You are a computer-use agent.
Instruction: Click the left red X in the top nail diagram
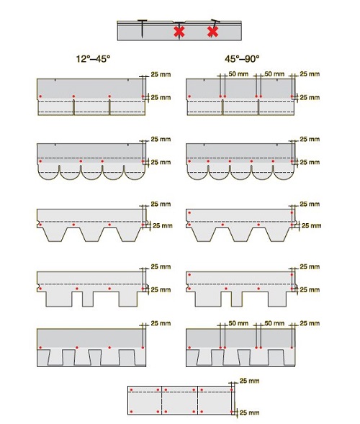pyautogui.click(x=179, y=32)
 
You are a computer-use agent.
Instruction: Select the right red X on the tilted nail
pyautogui.click(x=212, y=32)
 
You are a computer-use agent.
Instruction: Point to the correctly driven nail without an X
pyautogui.click(x=145, y=28)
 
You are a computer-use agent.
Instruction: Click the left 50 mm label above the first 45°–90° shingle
pyautogui.click(x=238, y=74)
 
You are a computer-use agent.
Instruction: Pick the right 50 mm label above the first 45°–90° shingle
pyautogui.click(x=274, y=74)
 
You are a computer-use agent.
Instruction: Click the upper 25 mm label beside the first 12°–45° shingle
pyautogui.click(x=161, y=74)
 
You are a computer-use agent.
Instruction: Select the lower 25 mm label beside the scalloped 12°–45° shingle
pyautogui.click(x=161, y=162)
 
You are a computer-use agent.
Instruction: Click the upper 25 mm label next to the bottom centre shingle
pyautogui.click(x=249, y=379)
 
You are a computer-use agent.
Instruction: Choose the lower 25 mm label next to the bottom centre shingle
pyautogui.click(x=249, y=413)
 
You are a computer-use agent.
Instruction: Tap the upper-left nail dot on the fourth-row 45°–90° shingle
pyautogui.click(x=188, y=275)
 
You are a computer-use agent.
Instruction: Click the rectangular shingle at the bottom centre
pyautogui.click(x=181, y=400)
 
